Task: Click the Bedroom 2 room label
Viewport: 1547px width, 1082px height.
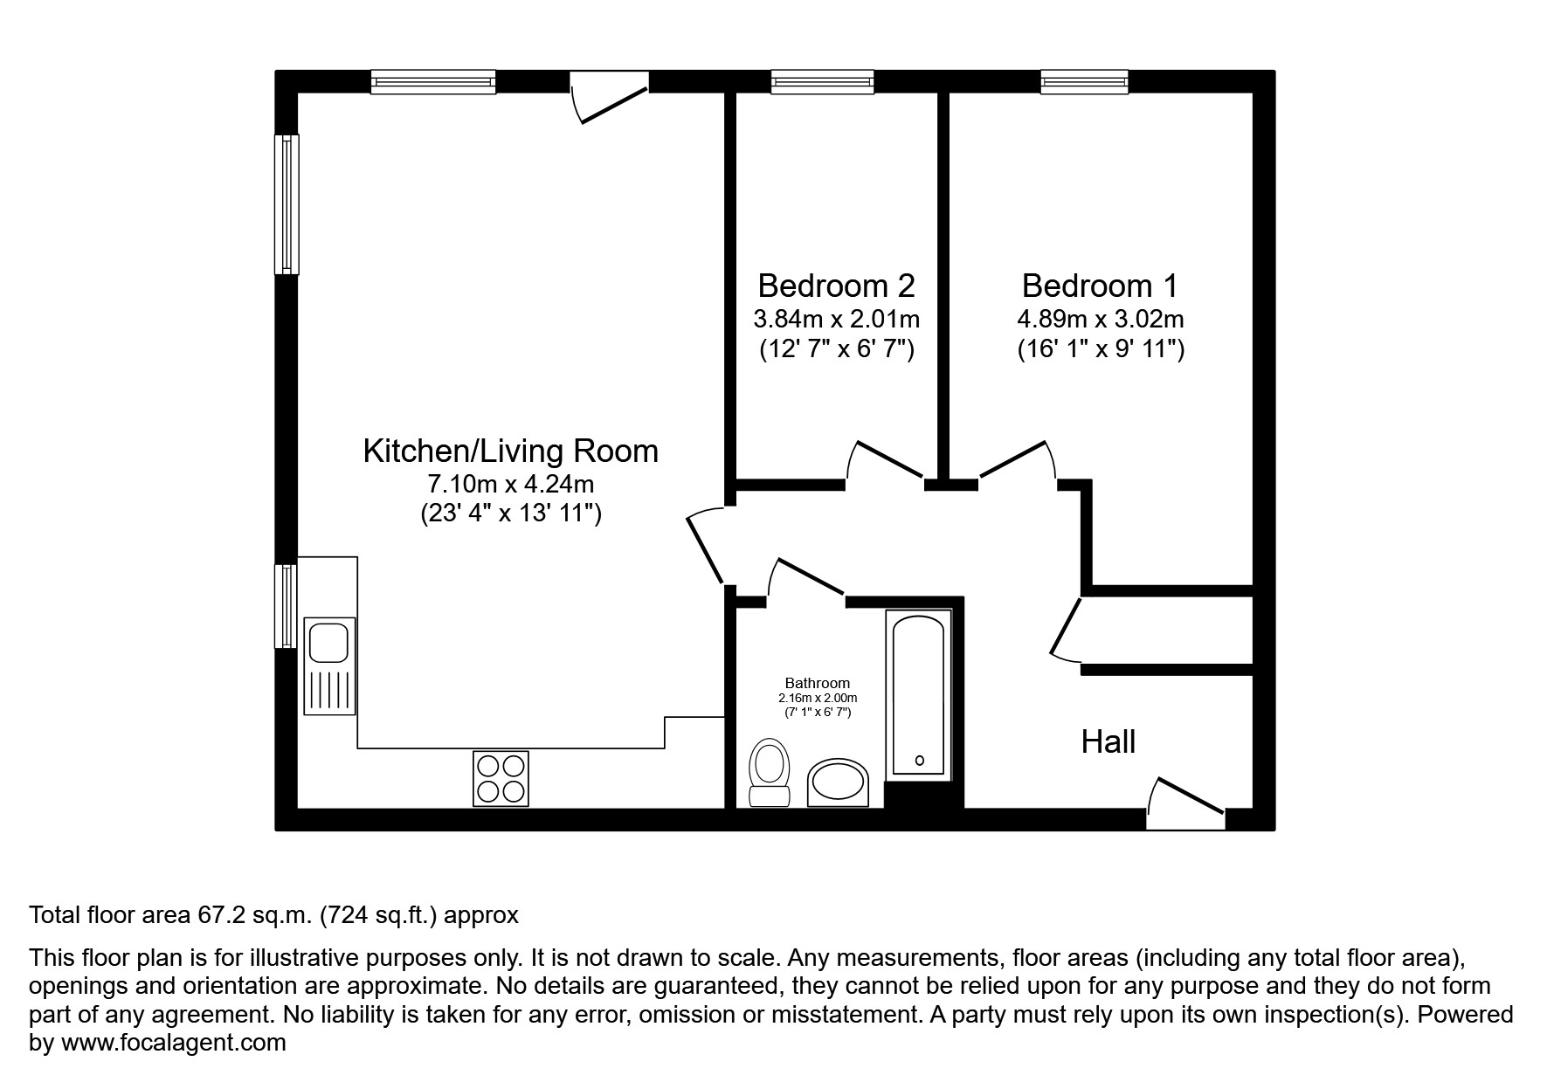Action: [836, 286]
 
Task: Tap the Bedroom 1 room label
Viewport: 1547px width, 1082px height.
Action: [1100, 286]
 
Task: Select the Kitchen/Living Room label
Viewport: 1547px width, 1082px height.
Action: [510, 451]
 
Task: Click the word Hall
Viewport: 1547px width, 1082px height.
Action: [1108, 742]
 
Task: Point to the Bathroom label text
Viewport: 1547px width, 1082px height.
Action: [817, 683]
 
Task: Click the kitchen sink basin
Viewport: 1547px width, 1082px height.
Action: [329, 642]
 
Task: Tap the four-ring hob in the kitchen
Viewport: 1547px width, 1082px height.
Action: [501, 778]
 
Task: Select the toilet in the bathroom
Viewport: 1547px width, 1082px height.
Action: [770, 772]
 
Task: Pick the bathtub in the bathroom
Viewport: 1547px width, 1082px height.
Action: [918, 694]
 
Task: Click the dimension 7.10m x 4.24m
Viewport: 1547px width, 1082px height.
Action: [510, 483]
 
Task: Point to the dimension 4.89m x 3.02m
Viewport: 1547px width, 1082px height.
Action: [1100, 319]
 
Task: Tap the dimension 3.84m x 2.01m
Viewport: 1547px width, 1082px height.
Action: [836, 319]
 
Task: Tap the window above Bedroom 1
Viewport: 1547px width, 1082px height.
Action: [1083, 82]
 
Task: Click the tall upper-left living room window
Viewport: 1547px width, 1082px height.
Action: [287, 203]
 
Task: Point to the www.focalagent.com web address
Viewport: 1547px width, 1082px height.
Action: [173, 1043]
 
